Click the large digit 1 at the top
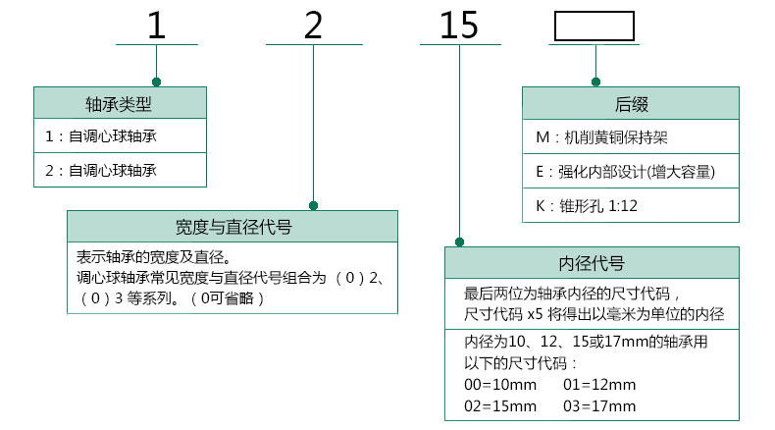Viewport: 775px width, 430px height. coord(157,26)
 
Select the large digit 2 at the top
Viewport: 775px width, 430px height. coord(313,26)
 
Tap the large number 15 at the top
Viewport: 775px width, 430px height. coord(459,26)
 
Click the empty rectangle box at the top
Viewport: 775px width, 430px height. coord(594,27)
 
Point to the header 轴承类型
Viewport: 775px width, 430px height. coord(119,104)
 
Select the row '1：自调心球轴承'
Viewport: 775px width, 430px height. coord(101,136)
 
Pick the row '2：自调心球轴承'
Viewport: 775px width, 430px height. coord(101,170)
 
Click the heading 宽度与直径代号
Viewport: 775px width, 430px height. coord(233,227)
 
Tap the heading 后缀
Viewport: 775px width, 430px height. coord(631,104)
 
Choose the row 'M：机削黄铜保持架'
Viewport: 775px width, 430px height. coord(601,137)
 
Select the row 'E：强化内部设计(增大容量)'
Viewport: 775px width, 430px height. coord(625,172)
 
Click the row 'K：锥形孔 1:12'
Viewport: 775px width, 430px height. coord(587,206)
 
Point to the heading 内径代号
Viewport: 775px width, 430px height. coord(592,263)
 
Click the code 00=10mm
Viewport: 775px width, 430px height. coord(500,385)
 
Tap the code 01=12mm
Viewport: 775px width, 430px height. coord(599,385)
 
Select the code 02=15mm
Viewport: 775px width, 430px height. coord(500,406)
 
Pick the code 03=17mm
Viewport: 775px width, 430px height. coord(599,406)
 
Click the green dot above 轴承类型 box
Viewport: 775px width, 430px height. coord(157,82)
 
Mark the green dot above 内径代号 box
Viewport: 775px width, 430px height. coord(460,242)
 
